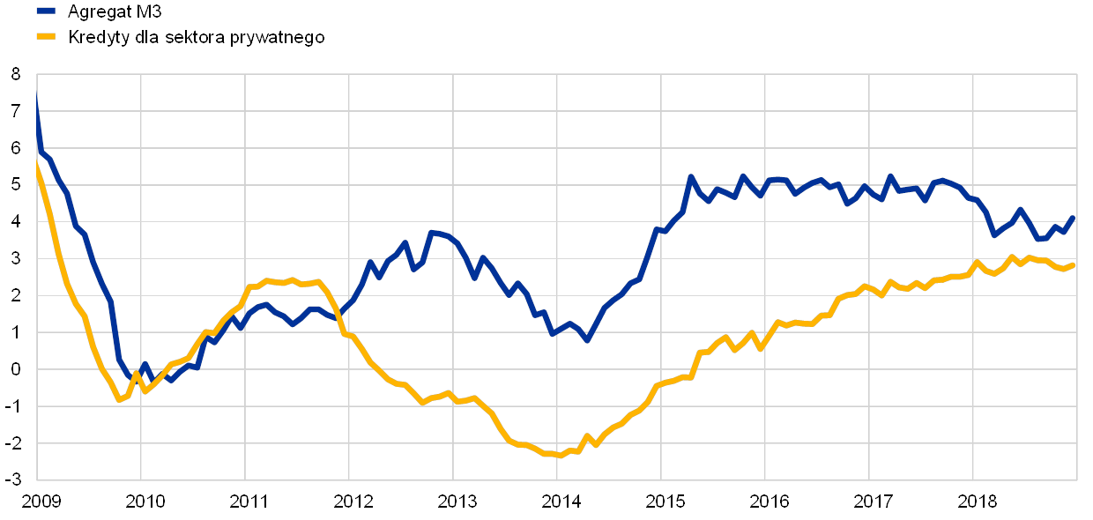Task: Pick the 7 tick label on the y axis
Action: click(18, 112)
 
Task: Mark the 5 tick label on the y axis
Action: click(18, 185)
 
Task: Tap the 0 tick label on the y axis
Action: click(18, 369)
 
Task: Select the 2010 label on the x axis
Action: click(145, 502)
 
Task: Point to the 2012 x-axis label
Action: click(352, 502)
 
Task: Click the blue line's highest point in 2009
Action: click(36, 97)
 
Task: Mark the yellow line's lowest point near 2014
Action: click(560, 456)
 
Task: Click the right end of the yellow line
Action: click(1074, 264)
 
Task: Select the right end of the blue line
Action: click(1074, 216)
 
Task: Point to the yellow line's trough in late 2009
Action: click(120, 400)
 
